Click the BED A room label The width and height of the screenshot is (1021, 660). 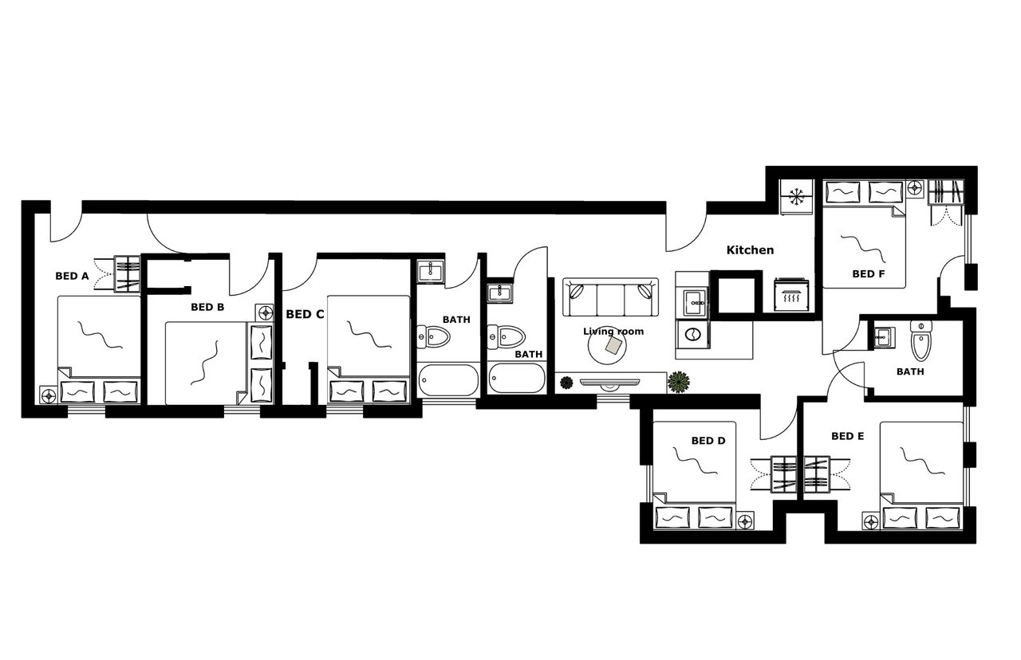click(72, 277)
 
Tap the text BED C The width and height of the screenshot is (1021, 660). click(305, 314)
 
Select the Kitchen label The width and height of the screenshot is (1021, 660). click(750, 250)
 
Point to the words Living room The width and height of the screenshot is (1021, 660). click(613, 332)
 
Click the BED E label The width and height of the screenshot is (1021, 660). click(847, 436)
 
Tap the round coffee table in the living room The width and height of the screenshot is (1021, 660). click(612, 346)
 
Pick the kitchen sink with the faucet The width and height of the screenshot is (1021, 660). click(691, 301)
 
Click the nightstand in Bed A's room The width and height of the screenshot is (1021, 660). click(48, 394)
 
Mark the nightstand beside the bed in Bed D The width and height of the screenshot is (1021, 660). click(745, 521)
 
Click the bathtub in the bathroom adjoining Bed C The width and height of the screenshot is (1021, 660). click(447, 379)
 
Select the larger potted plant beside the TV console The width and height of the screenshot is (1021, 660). click(679, 383)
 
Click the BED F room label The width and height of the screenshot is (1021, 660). click(868, 273)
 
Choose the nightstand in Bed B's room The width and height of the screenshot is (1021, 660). click(264, 312)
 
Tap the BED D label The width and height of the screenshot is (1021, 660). click(708, 440)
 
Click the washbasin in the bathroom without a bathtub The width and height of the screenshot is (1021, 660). click(884, 336)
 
